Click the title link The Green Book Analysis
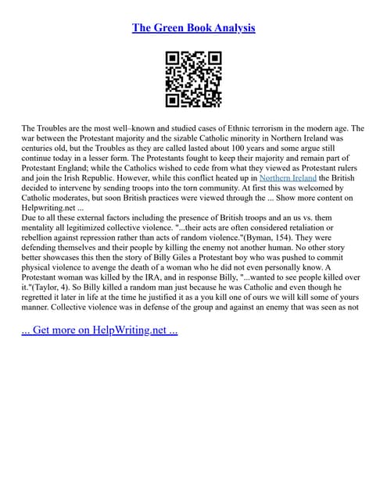[193, 28]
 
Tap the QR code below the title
[193, 79]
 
